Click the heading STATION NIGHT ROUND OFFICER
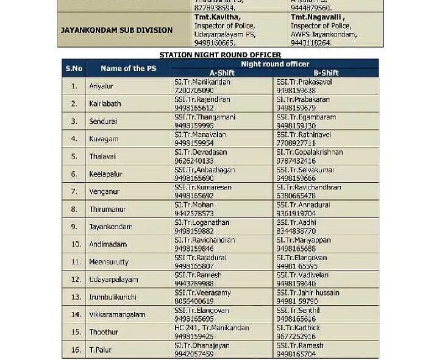click(x=220, y=55)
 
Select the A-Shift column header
click(x=222, y=72)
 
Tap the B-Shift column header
click(x=326, y=72)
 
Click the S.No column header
click(x=74, y=68)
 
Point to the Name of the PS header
click(x=128, y=68)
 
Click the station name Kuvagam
click(x=104, y=139)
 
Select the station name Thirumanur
click(x=107, y=209)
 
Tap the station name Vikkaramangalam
click(x=117, y=314)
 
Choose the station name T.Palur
click(x=101, y=350)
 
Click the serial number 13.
click(x=76, y=297)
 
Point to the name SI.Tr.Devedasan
click(x=200, y=152)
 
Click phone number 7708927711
click(x=296, y=143)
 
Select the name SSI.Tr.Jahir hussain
click(x=307, y=292)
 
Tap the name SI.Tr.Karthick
click(x=297, y=328)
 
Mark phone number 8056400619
click(x=194, y=301)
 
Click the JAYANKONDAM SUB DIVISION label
click(x=116, y=30)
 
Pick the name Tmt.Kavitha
click(x=213, y=18)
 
